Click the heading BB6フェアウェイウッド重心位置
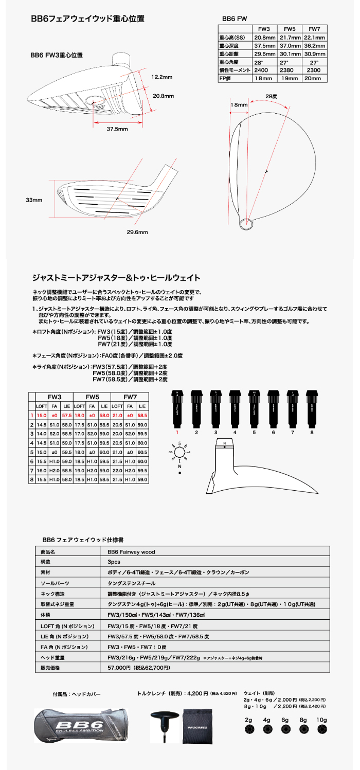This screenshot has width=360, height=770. [87, 19]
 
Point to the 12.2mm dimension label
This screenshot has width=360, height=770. [161, 77]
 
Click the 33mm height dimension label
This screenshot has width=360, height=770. [34, 200]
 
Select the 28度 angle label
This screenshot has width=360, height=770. [272, 96]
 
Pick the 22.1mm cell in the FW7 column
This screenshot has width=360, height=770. [314, 38]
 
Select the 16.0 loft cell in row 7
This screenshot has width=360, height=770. [41, 470]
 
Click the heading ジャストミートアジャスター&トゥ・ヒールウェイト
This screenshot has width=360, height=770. [116, 278]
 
